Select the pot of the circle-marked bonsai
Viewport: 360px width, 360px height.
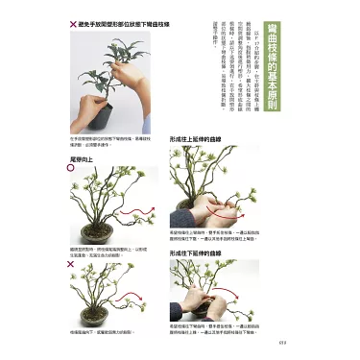(99, 234)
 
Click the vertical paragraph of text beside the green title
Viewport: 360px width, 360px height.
(235, 48)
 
